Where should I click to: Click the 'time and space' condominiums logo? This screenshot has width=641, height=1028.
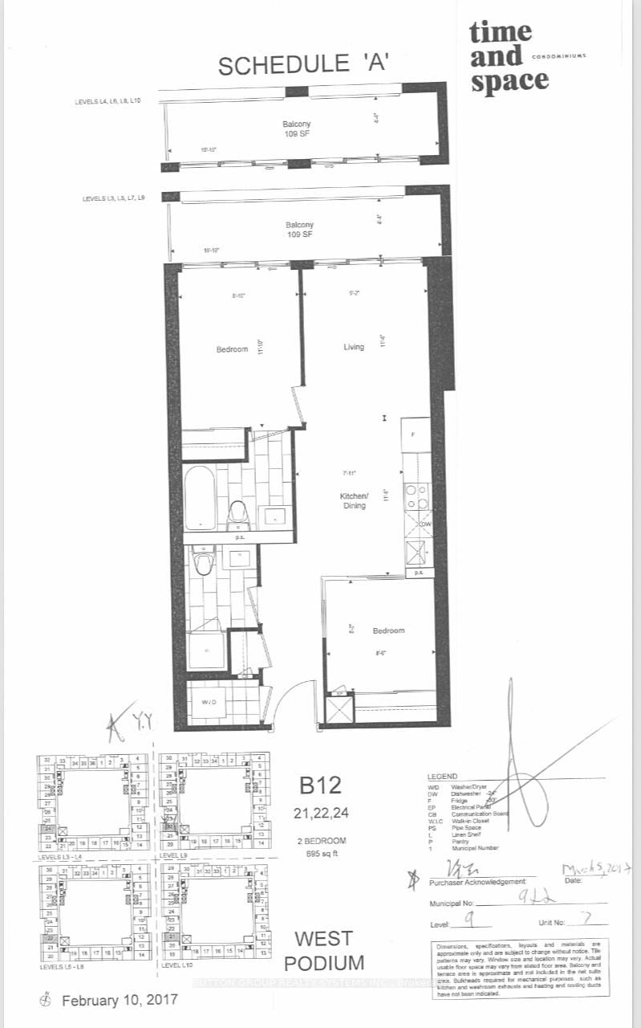509,57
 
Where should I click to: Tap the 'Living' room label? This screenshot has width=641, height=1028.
354,347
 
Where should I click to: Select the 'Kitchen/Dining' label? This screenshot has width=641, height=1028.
353,501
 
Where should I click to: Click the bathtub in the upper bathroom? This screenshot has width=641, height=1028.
200,498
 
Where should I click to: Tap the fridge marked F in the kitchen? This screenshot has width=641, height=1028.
414,434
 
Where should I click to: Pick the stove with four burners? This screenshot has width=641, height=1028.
416,496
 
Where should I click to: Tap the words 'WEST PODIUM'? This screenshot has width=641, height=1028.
323,950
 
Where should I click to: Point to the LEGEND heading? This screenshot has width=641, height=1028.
443,777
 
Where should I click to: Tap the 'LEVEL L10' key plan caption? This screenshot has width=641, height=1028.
180,965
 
